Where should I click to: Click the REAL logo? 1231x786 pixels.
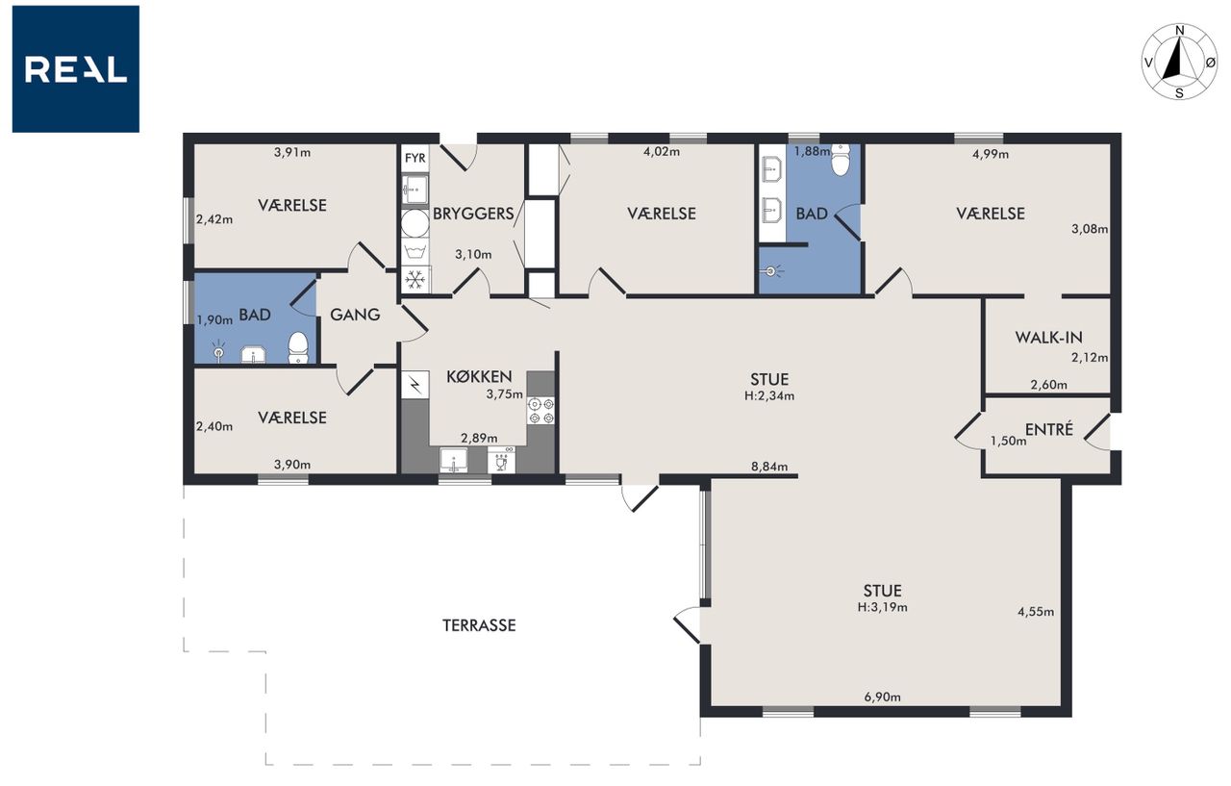tap(76, 69)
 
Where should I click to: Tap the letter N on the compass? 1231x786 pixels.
tap(1179, 31)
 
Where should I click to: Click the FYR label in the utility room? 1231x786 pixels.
tap(415, 159)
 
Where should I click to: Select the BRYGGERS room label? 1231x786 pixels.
tap(473, 214)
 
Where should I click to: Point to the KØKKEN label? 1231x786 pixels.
tap(479, 376)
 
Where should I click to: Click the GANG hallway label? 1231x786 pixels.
tap(355, 315)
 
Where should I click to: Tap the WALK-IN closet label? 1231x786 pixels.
tap(1048, 337)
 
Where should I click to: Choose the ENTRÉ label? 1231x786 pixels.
tap(1049, 429)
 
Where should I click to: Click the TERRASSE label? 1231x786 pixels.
tap(479, 625)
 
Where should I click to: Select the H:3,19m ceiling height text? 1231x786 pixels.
tap(883, 607)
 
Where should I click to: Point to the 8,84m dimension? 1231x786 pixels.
tap(769, 467)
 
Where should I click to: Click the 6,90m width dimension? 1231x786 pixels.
tap(883, 697)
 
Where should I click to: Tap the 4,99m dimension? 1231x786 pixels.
tap(991, 154)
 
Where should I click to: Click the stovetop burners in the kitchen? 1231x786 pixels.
tap(541, 411)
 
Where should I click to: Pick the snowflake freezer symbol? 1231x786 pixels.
tap(415, 280)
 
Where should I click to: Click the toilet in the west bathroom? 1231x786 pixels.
tap(298, 347)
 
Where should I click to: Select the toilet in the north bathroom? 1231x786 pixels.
tap(841, 160)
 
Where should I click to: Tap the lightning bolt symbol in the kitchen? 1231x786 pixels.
tap(415, 385)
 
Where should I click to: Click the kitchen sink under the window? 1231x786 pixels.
tap(453, 460)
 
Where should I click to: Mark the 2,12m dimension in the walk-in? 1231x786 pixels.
tap(1090, 357)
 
